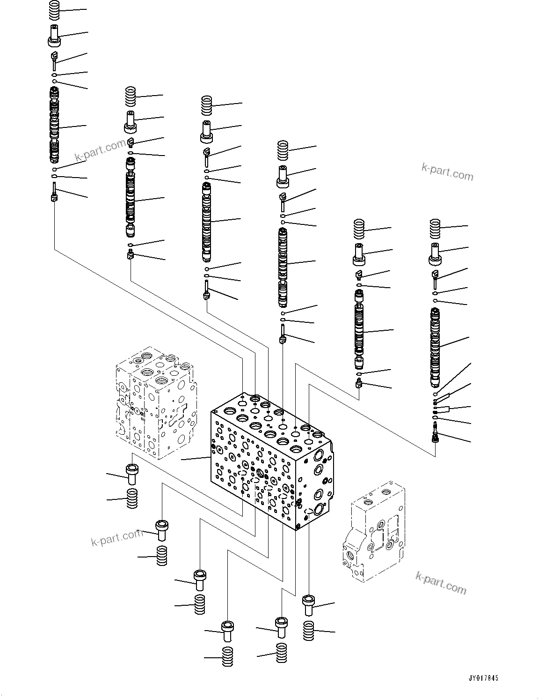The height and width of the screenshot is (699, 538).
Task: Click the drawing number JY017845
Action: pyautogui.click(x=482, y=678)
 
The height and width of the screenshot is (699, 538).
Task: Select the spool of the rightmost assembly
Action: pyautogui.click(x=436, y=347)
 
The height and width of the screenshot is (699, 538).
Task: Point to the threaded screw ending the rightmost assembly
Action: pyautogui.click(x=436, y=431)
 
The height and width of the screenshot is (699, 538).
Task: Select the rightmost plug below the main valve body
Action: pyautogui.click(x=309, y=604)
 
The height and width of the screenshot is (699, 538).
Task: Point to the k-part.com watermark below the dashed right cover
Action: pyautogui.click(x=441, y=582)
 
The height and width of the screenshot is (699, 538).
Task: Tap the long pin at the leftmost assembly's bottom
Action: pyautogui.click(x=55, y=192)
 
